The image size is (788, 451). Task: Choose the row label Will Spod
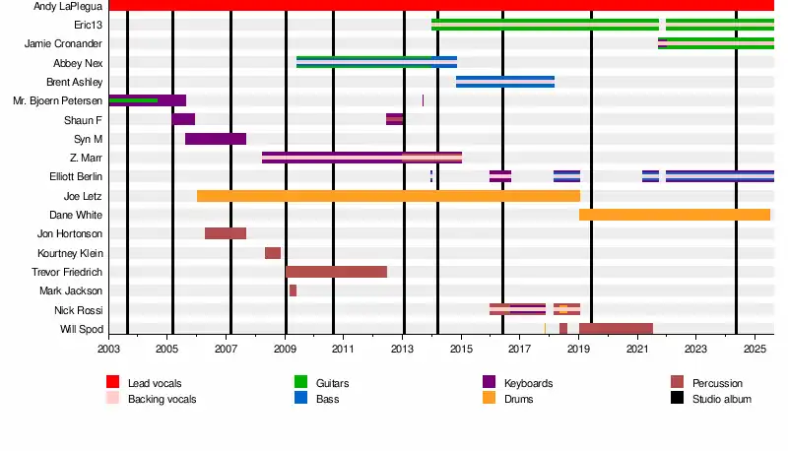click(x=82, y=329)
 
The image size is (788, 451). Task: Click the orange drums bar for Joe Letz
click(x=388, y=196)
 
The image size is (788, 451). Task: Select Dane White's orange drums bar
click(x=675, y=215)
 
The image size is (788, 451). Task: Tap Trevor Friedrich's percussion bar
click(x=336, y=272)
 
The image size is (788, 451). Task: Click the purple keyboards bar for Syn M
click(x=216, y=139)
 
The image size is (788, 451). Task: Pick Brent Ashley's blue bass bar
click(x=505, y=82)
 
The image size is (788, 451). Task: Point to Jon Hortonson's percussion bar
click(x=226, y=233)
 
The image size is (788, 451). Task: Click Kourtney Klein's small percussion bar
click(x=273, y=253)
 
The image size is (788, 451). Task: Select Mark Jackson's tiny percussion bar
click(x=293, y=290)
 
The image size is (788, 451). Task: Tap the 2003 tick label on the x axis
click(x=108, y=349)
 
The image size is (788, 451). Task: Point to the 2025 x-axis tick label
click(x=755, y=349)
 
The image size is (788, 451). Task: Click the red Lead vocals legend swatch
click(x=112, y=382)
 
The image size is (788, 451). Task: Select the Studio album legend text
click(x=722, y=399)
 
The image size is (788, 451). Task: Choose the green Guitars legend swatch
click(x=300, y=382)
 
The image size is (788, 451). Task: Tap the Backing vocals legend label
click(x=162, y=399)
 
